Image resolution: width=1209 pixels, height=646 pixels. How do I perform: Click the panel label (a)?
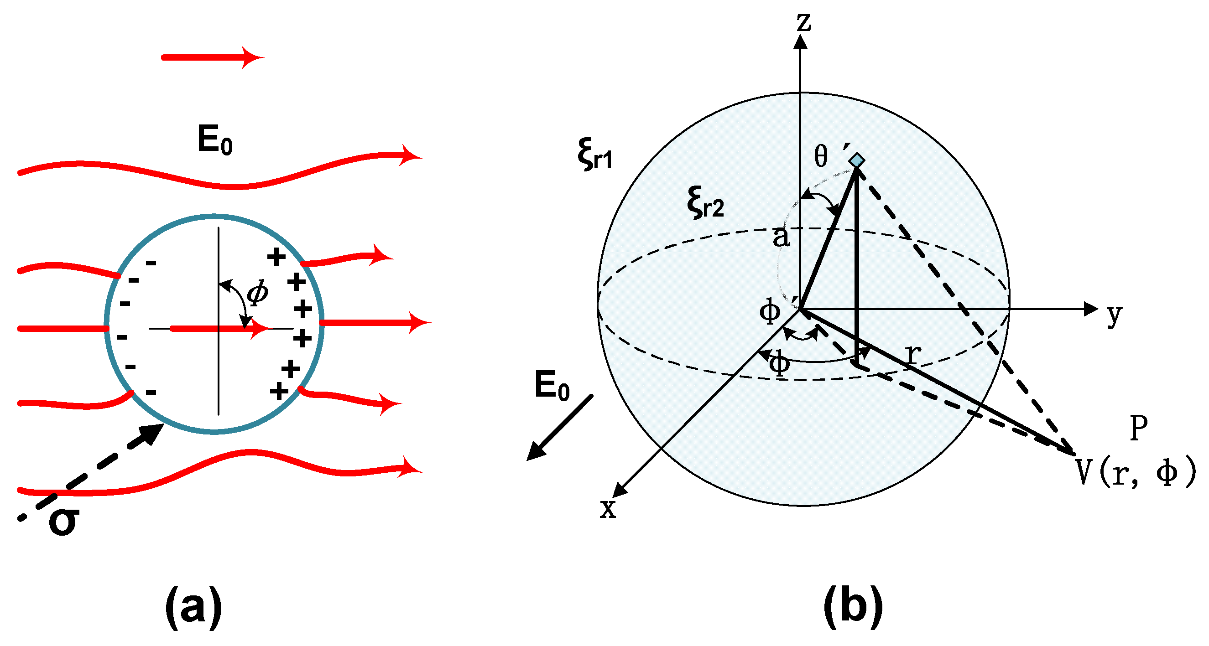pyautogui.click(x=193, y=607)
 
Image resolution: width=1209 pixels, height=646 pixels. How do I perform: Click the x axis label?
pyautogui.click(x=608, y=508)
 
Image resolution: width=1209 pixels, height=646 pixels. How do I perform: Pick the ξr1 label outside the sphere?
pyautogui.click(x=595, y=154)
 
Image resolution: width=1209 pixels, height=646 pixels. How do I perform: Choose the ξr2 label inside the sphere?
pyautogui.click(x=705, y=203)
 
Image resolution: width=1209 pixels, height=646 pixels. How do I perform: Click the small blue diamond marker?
pyautogui.click(x=857, y=160)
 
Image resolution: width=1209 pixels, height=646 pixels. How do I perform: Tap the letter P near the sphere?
pyautogui.click(x=1139, y=428)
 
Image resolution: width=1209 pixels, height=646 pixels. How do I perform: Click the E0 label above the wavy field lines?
pyautogui.click(x=215, y=140)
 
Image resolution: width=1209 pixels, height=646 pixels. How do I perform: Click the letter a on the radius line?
pyautogui.click(x=781, y=237)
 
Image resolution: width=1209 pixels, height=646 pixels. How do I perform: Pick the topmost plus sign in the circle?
pyautogui.click(x=276, y=256)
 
